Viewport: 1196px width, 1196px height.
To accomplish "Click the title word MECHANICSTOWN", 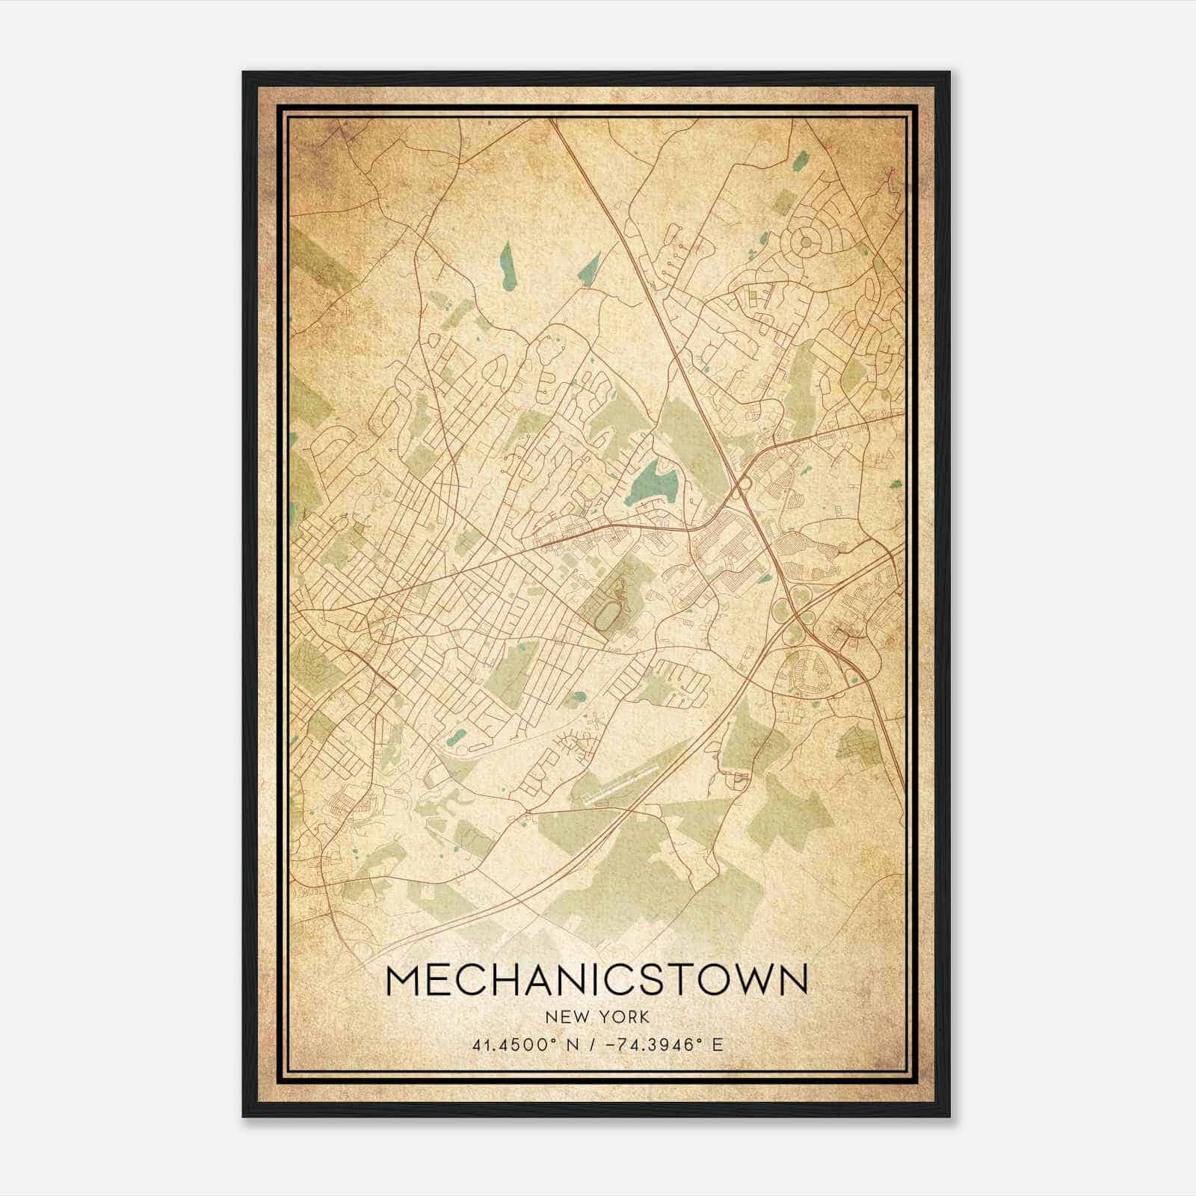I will pyautogui.click(x=597, y=980).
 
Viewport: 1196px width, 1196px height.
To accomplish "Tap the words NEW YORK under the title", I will pyautogui.click(x=597, y=1017).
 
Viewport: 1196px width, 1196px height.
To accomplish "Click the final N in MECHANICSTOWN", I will pyautogui.click(x=794, y=980).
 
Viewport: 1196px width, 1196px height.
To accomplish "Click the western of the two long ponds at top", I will pyautogui.click(x=508, y=265).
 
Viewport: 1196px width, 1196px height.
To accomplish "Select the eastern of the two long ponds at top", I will pyautogui.click(x=590, y=267).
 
